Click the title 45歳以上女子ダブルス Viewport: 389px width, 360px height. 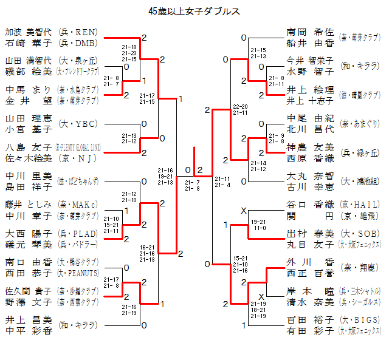[194, 12]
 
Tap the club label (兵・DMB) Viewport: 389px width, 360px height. [77, 43]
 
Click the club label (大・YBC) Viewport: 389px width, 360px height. [77, 123]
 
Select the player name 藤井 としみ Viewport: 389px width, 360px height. [29, 203]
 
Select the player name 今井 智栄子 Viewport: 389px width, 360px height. [311, 60]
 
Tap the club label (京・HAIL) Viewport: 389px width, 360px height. [360, 204]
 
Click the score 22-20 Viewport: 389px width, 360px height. [240, 106]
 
